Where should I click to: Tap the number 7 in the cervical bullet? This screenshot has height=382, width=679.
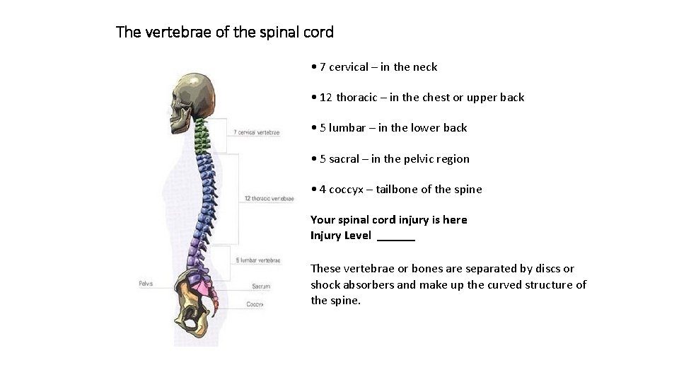coord(323,67)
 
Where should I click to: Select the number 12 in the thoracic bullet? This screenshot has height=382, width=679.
coord(326,98)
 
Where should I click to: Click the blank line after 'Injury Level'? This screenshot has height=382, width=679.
coord(396,236)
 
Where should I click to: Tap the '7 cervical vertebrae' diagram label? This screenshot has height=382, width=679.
coord(256,132)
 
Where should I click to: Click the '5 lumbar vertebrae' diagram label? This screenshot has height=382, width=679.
coord(258,260)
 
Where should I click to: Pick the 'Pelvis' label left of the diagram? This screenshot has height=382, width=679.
coord(146,284)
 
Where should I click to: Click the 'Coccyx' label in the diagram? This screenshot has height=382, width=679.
coord(255,304)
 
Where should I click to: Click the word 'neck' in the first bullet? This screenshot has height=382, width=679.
coord(425,67)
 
